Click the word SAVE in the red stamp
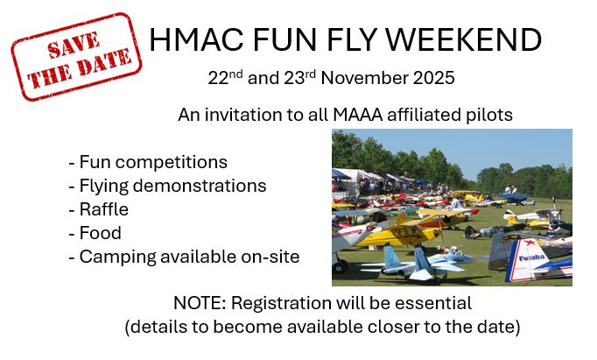pos(74,45)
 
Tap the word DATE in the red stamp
pos(105,63)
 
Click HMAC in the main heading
pos(196,39)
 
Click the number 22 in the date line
pos(218,79)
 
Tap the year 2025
pos(433,79)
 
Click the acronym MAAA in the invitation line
pos(357,115)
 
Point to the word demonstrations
pos(200,186)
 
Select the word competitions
pos(172,163)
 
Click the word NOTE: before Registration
pos(200,304)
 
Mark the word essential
pos(433,304)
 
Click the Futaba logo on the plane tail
pos(532,258)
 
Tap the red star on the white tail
pos(529,243)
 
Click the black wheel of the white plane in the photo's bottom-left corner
pos(340,266)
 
